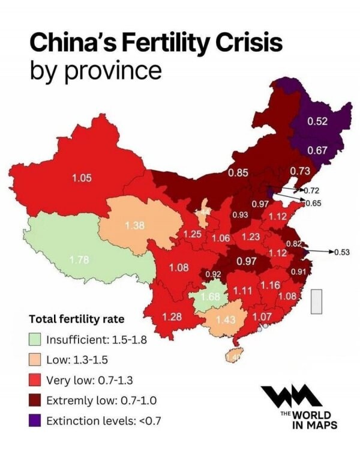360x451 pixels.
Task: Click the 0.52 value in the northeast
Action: (317, 122)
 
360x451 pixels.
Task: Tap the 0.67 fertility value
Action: (317, 150)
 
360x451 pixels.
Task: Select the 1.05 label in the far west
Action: (82, 178)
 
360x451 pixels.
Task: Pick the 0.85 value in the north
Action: (238, 174)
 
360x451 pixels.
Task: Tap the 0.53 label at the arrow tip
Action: (341, 252)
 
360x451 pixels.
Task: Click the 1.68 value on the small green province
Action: (211, 297)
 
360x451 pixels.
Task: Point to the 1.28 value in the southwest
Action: (172, 316)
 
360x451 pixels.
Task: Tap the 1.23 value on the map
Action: (250, 237)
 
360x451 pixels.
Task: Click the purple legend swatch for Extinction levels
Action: (35, 420)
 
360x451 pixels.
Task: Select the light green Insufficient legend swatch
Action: (35, 339)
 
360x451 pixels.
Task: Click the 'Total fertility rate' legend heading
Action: (76, 319)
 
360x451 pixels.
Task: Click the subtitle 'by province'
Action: (95, 71)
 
